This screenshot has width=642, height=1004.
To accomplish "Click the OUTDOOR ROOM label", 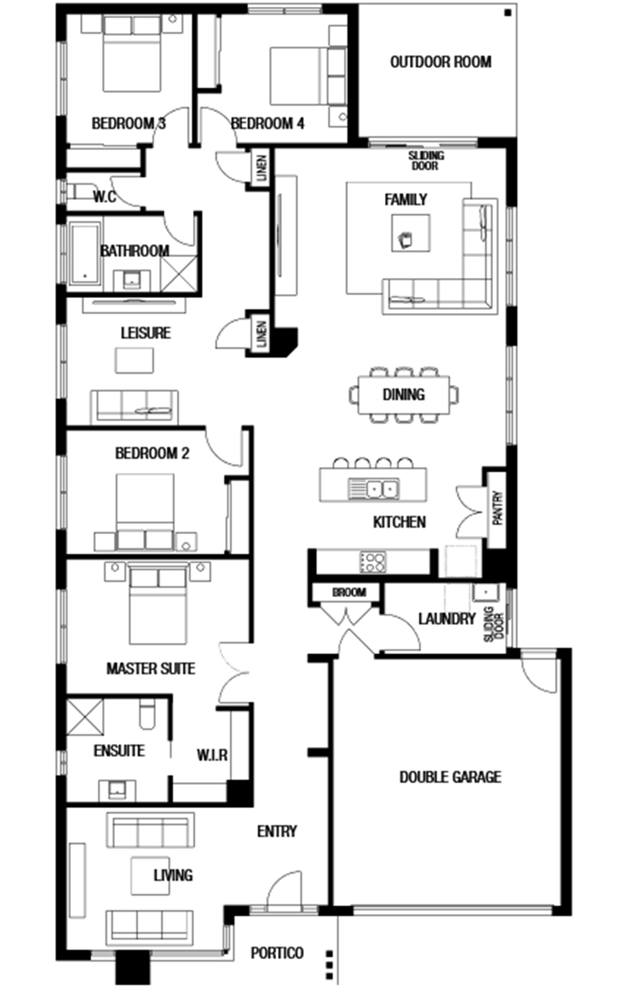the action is coord(440,62).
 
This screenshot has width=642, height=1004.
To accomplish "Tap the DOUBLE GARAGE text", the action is coord(450,777).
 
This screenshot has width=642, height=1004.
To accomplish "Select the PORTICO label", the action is coord(277,953).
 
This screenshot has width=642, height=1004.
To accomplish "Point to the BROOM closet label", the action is coord(349,593).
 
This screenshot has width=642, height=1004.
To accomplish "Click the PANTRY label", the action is coord(498,508).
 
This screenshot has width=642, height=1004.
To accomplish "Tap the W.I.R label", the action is coord(212,755).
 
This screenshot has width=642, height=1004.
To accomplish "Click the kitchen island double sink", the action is coord(374,489).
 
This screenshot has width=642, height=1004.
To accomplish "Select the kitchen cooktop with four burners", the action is coord(373,562).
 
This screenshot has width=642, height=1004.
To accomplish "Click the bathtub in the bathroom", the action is coord(85,253).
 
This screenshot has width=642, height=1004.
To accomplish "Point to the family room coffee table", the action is coord(411,233).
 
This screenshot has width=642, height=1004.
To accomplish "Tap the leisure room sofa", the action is coord(134,407).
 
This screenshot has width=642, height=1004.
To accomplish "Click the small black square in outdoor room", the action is coord(507,13).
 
